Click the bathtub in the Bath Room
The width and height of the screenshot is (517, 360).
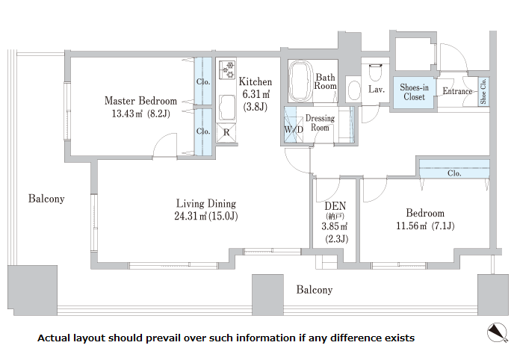pyautogui.click(x=300, y=81)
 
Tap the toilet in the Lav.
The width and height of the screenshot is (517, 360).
pyautogui.click(x=375, y=72)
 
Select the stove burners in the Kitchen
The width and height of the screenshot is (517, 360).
pyautogui.click(x=227, y=70)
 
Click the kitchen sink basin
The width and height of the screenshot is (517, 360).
pyautogui.click(x=227, y=108)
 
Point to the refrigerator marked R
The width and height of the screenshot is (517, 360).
pyautogui.click(x=226, y=133)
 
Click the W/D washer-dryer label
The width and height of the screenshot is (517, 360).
pyautogui.click(x=294, y=129)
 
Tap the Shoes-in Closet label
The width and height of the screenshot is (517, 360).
pyautogui.click(x=414, y=92)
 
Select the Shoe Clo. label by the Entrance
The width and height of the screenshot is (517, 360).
pyautogui.click(x=483, y=91)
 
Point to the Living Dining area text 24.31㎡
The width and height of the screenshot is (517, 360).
pyautogui.click(x=191, y=216)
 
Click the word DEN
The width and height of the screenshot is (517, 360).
pyautogui.click(x=335, y=206)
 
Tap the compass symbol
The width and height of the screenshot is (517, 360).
pyautogui.click(x=498, y=332)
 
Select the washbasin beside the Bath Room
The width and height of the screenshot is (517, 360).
pyautogui.click(x=354, y=90)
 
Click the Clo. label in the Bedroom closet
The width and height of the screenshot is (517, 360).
pyautogui.click(x=454, y=173)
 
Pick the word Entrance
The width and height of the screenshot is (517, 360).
pyautogui.click(x=457, y=91)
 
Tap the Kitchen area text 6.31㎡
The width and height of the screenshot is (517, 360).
pyautogui.click(x=256, y=94)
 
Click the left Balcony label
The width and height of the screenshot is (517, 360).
pyautogui.click(x=46, y=199)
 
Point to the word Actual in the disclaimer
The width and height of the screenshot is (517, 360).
pyautogui.click(x=53, y=338)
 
